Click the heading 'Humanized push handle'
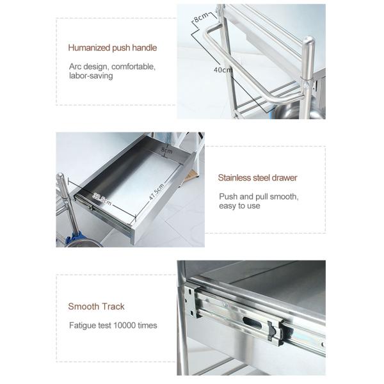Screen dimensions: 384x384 pyautogui.click(x=113, y=48)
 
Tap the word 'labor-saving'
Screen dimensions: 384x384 pyautogui.click(x=91, y=76)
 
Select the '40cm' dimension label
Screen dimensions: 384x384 pyautogui.click(x=223, y=70)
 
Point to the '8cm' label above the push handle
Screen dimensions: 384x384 pyautogui.click(x=202, y=17)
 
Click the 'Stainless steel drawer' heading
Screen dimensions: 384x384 pyautogui.click(x=258, y=178)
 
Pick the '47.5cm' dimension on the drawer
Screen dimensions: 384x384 pyautogui.click(x=157, y=193)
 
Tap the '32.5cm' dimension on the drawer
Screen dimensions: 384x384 pyautogui.click(x=102, y=199)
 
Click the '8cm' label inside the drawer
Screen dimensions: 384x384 pyautogui.click(x=167, y=150)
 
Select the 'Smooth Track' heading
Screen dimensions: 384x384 pyautogui.click(x=96, y=307)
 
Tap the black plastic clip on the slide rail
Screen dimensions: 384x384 pyautogui.click(x=273, y=332)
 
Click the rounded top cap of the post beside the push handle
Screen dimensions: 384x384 pyautogui.click(x=308, y=41)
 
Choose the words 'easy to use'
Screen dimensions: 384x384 pyautogui.click(x=239, y=206)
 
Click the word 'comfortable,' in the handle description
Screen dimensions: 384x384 pyautogui.click(x=134, y=67)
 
